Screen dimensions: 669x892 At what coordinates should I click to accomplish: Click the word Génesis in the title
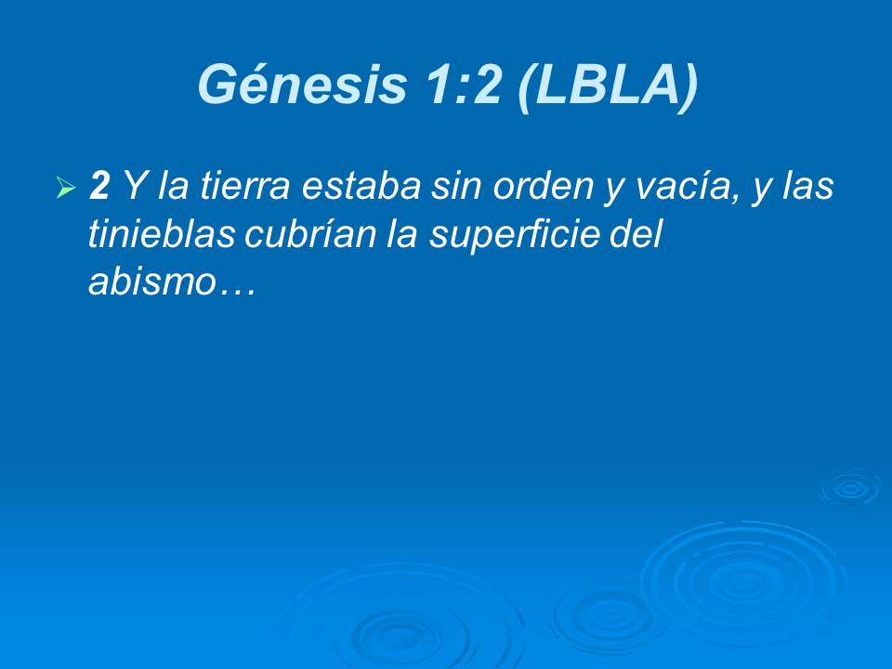tap(302, 85)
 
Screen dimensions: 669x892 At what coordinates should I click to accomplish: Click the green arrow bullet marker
tap(65, 189)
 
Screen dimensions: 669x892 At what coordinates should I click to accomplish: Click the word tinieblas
tap(159, 235)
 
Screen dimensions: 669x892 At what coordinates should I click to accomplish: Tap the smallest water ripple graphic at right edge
tap(849, 487)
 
